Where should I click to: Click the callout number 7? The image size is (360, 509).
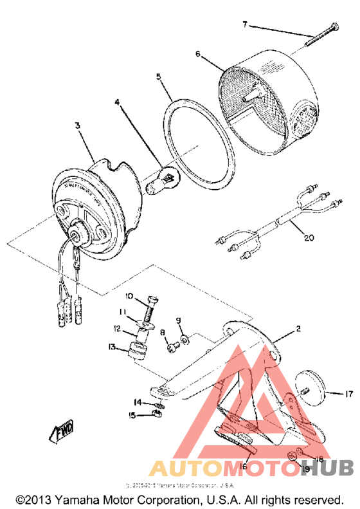click(245, 24)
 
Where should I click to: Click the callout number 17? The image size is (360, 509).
click(349, 394)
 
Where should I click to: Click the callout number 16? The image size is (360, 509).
click(244, 466)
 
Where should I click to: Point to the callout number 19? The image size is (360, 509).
click(306, 469)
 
